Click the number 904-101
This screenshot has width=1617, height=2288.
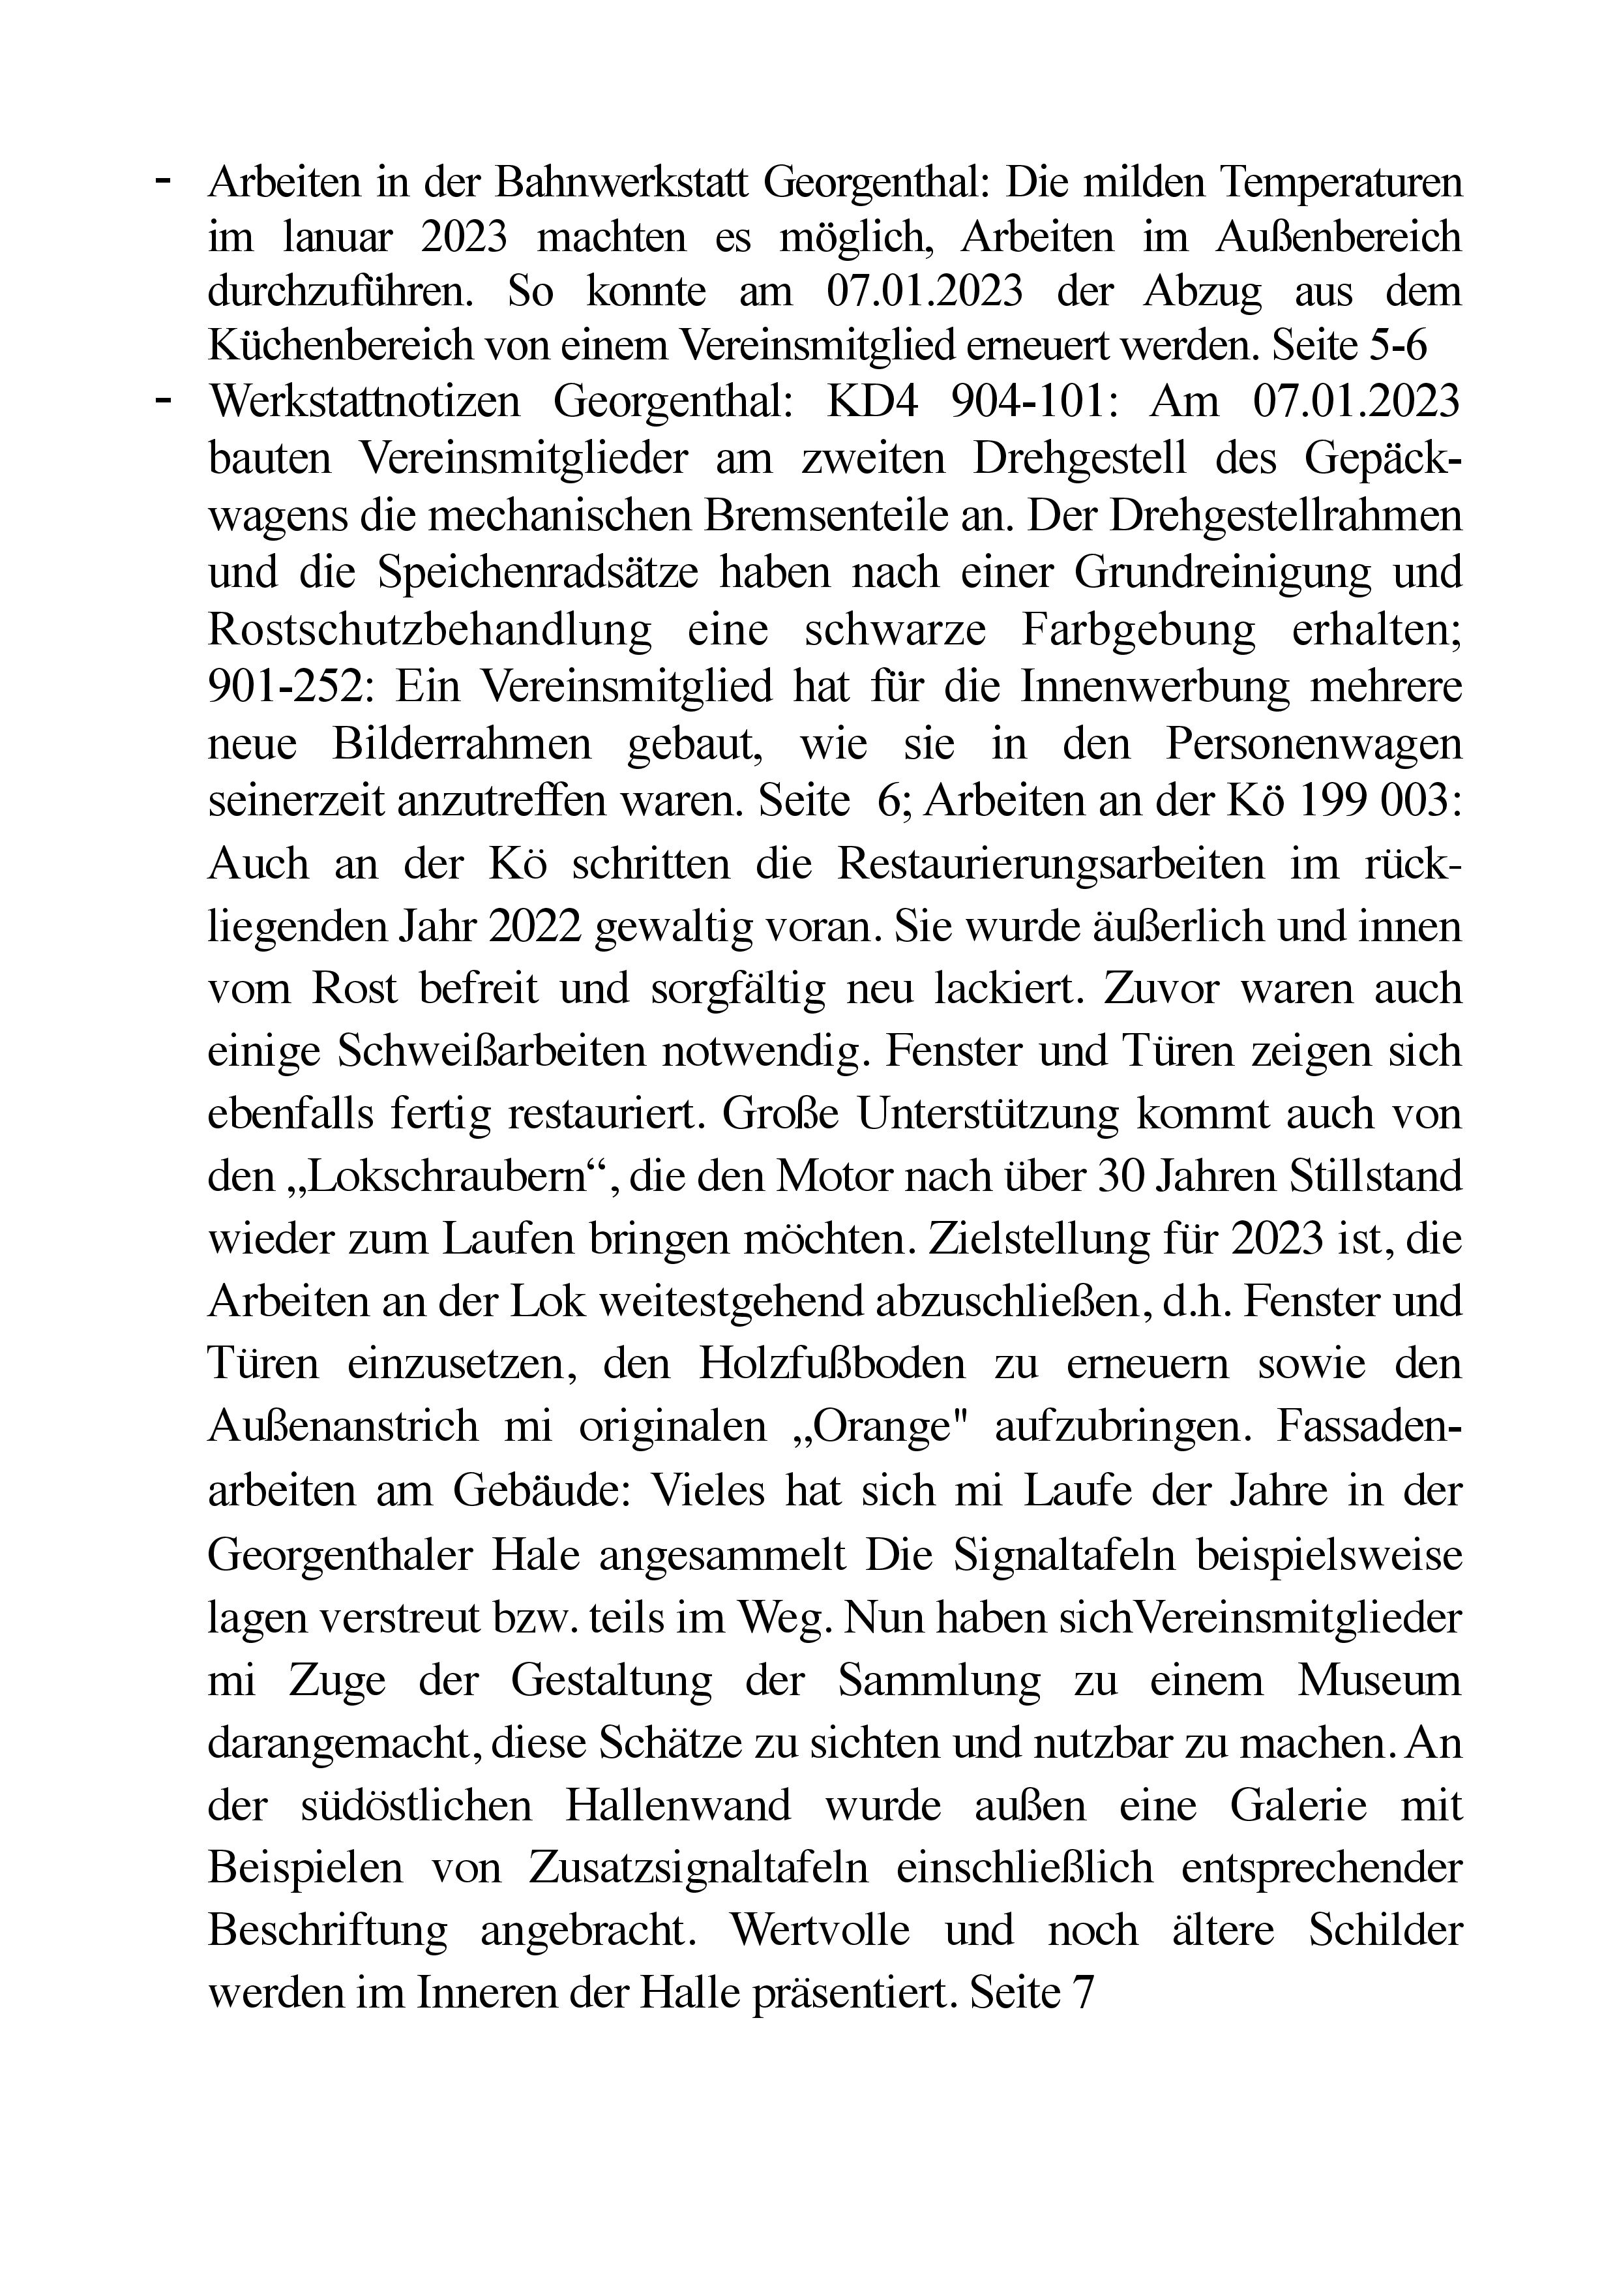1031,402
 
